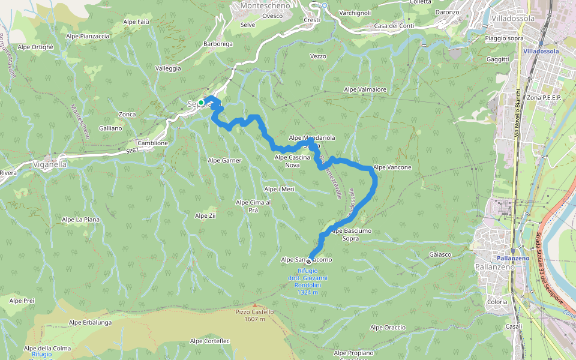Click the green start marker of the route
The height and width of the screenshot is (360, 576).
201,103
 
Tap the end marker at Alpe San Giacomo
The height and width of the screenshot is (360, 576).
309,261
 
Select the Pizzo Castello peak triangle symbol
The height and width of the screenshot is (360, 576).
254,305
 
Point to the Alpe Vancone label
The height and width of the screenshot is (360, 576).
392,167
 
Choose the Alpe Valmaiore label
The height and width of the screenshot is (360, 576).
365,89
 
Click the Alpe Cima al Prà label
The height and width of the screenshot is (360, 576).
253,206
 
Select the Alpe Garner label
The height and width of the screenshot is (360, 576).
224,160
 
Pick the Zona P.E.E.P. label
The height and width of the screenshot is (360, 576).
543,97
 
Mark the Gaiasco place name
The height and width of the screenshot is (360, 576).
440,254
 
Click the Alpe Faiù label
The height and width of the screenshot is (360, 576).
136,22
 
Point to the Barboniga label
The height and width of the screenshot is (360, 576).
218,44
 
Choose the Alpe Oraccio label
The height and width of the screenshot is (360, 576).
388,328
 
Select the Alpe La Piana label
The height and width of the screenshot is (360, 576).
80,220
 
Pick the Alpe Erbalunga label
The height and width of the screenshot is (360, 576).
90,322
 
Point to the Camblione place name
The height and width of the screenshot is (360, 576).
152,143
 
